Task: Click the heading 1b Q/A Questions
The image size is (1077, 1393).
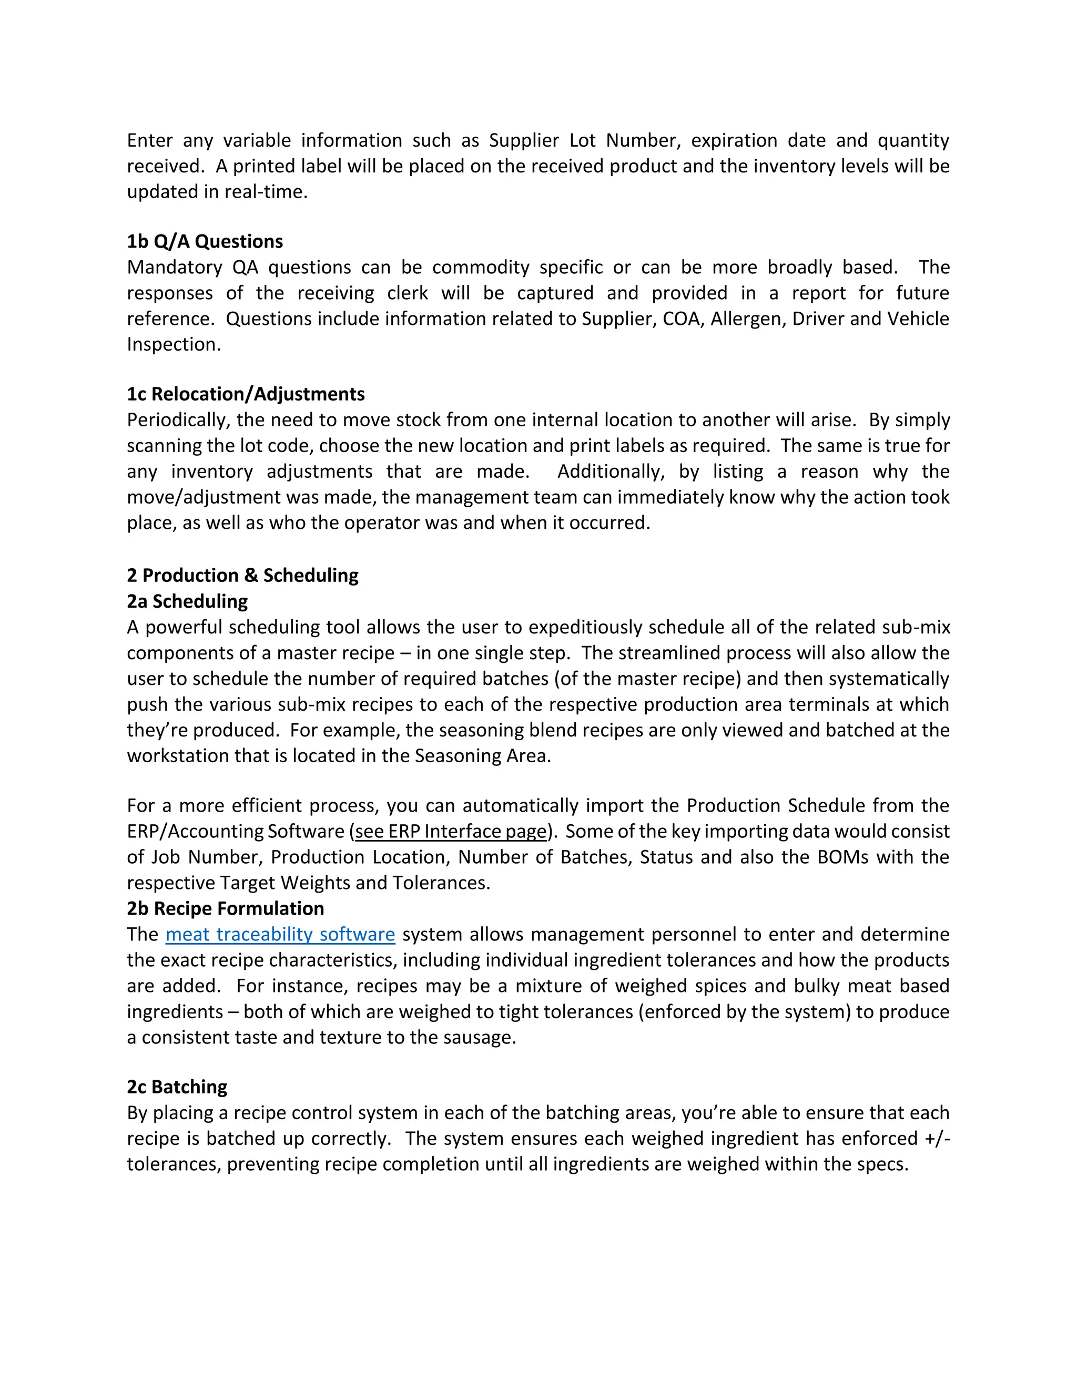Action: (x=205, y=242)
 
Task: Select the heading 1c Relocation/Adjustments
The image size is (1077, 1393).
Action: (x=246, y=394)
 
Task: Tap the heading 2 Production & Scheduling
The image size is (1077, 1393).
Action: (x=242, y=575)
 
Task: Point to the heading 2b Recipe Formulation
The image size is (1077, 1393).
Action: (x=225, y=908)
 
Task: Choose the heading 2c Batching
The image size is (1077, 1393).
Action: (x=177, y=1087)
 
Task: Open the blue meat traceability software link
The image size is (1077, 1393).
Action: (x=280, y=935)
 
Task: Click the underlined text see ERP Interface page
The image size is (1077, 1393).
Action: (x=451, y=832)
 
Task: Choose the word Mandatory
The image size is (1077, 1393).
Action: (x=174, y=267)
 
